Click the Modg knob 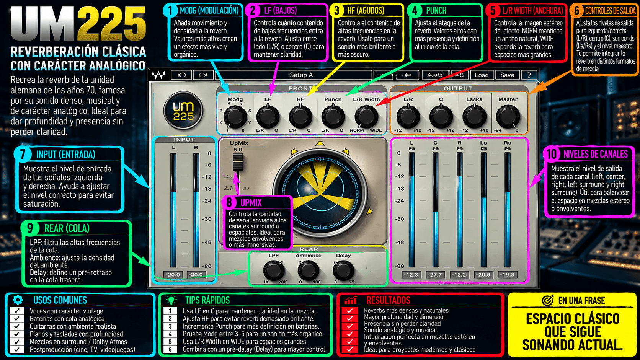click(x=235, y=117)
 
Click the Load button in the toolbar click(x=482, y=75)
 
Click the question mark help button click(x=529, y=75)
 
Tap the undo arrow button click(x=181, y=75)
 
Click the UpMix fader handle click(x=238, y=162)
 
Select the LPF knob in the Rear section click(x=273, y=270)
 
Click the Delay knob click(x=343, y=270)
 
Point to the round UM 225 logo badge click(x=183, y=111)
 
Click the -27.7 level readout click(x=435, y=275)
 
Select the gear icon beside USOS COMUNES click(x=18, y=300)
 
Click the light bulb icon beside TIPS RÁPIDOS click(x=171, y=300)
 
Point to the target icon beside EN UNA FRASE click(x=547, y=301)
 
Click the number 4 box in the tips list click(x=170, y=334)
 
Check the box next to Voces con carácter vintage click(x=17, y=311)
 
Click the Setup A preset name click(x=301, y=75)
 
